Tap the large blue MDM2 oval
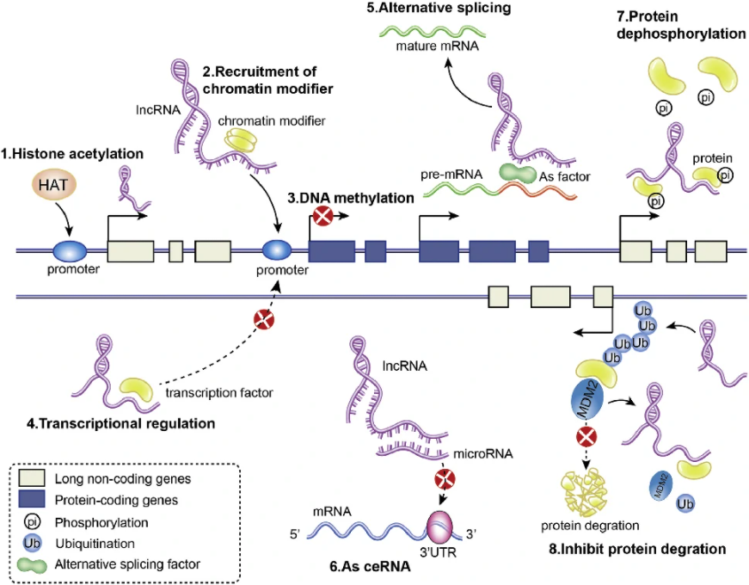click(591, 403)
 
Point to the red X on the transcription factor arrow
click(263, 323)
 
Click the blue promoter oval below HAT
click(71, 251)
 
